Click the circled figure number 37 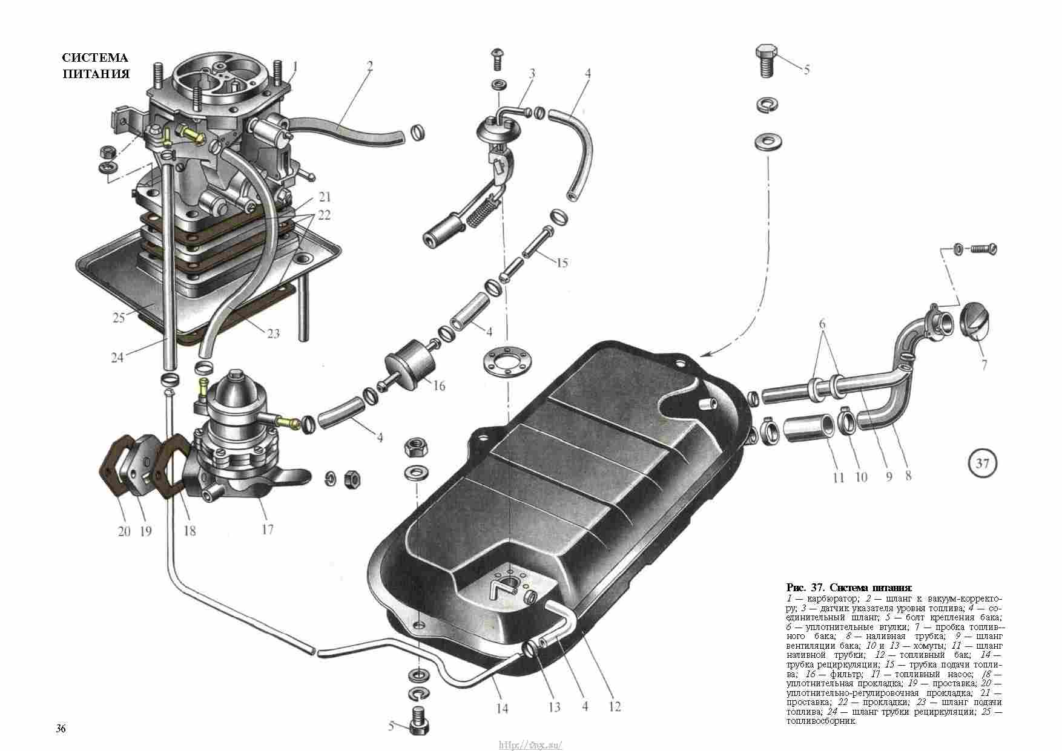(981, 464)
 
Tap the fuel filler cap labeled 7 (977, 326)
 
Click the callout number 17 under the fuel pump (267, 529)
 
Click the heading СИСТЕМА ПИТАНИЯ (96, 66)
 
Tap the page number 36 (61, 728)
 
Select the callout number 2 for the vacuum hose (369, 67)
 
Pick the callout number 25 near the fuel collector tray (119, 318)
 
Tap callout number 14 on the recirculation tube (502, 708)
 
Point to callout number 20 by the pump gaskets (124, 531)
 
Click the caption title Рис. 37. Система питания (848, 588)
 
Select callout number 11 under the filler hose (838, 478)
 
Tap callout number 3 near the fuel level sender (532, 74)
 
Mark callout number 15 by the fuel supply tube (561, 263)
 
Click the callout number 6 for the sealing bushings (822, 324)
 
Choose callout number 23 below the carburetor (273, 333)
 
